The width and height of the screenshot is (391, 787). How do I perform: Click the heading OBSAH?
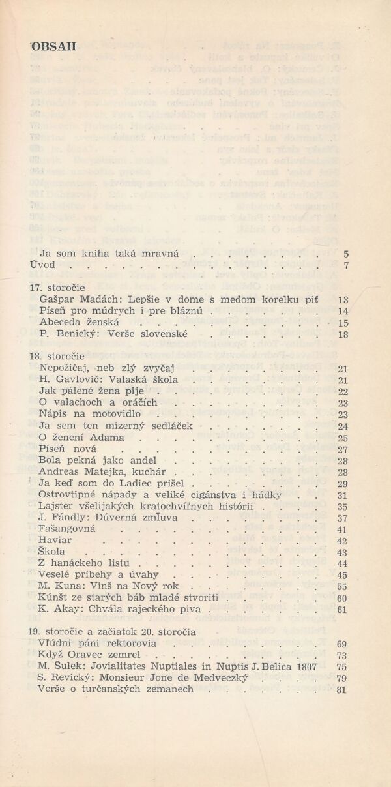[x=53, y=46]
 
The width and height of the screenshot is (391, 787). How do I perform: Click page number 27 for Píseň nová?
[x=343, y=450]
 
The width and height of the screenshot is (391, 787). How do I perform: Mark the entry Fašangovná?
[x=67, y=530]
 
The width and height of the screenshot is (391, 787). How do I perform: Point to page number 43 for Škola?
[x=343, y=553]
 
